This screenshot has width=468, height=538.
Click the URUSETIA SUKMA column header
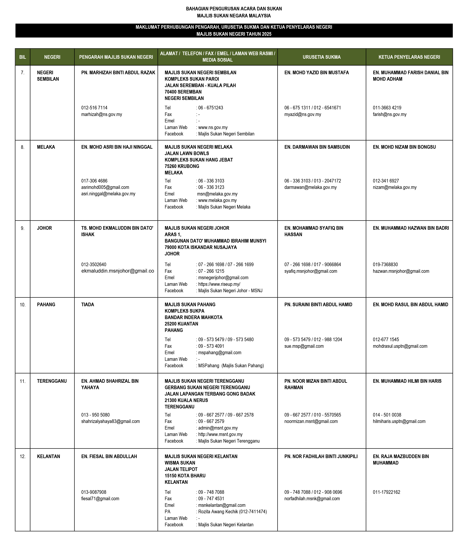tap(322, 57)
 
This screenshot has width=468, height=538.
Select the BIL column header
tap(22, 57)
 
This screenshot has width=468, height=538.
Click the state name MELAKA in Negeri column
tap(46, 147)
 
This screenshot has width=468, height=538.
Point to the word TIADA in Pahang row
tap(88, 305)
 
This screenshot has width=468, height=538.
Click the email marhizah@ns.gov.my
tap(102, 114)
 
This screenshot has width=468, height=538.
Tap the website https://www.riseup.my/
tap(219, 284)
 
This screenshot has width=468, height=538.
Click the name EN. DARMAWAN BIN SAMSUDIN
tap(317, 147)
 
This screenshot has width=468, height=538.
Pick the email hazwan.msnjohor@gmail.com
tap(401, 271)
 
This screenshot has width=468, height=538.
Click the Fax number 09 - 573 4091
tap(211, 346)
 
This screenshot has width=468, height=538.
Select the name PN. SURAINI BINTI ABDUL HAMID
tap(318, 305)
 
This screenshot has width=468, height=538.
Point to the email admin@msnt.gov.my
tap(218, 428)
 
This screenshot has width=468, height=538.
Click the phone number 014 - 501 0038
tap(387, 415)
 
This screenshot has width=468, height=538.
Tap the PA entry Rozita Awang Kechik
tap(232, 512)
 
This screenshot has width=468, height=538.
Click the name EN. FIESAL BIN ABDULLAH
tap(109, 456)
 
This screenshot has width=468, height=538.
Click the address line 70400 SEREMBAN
tap(183, 92)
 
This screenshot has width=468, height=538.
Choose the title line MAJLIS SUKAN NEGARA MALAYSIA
tap(234, 16)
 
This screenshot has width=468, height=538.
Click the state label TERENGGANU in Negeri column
tap(52, 381)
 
